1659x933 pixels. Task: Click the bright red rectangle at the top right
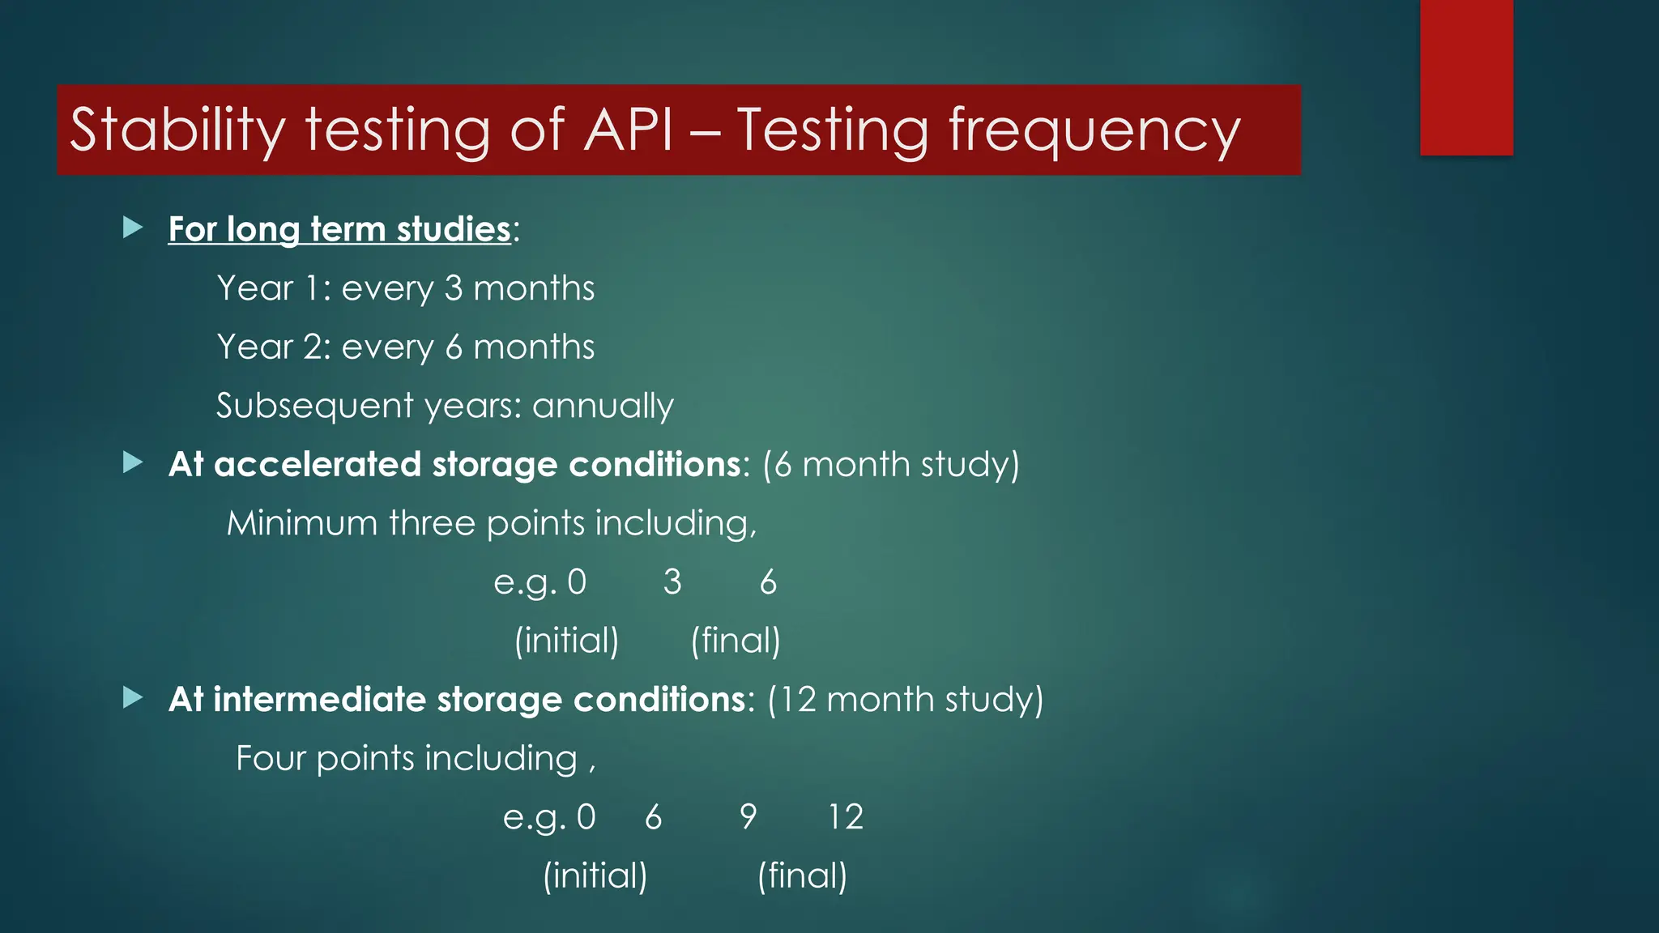pyautogui.click(x=1466, y=77)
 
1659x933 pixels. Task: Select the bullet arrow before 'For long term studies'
pyautogui.click(x=133, y=228)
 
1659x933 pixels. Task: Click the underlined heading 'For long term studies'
pyautogui.click(x=339, y=229)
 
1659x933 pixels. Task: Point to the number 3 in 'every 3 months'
pyautogui.click(x=454, y=288)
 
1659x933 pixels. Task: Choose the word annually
pyautogui.click(x=603, y=406)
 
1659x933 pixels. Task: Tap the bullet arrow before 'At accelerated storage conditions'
pyautogui.click(x=133, y=463)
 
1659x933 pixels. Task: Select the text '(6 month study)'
pyautogui.click(x=890, y=465)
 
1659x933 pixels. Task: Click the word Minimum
pyautogui.click(x=301, y=523)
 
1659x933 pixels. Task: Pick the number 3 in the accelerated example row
pyautogui.click(x=672, y=582)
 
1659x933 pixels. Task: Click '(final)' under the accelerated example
pyautogui.click(x=736, y=641)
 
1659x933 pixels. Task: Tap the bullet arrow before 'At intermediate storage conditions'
pyautogui.click(x=133, y=698)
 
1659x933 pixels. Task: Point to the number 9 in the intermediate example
pyautogui.click(x=748, y=817)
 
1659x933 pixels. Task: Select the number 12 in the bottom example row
pyautogui.click(x=846, y=817)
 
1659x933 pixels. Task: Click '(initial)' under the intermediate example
pyautogui.click(x=595, y=876)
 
